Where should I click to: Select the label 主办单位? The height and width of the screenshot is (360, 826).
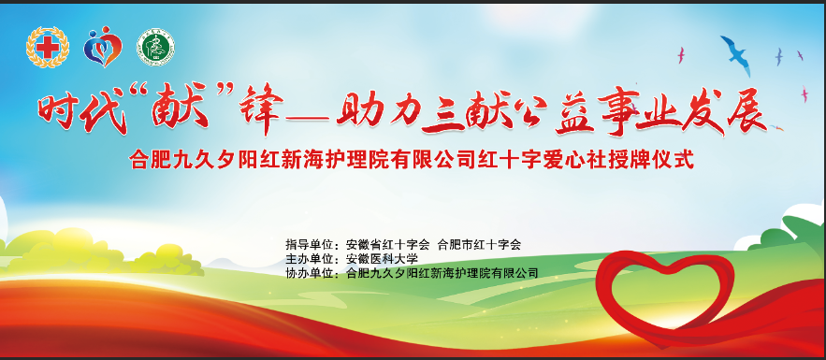point(311,259)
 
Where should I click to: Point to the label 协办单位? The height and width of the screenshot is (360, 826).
point(311,273)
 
